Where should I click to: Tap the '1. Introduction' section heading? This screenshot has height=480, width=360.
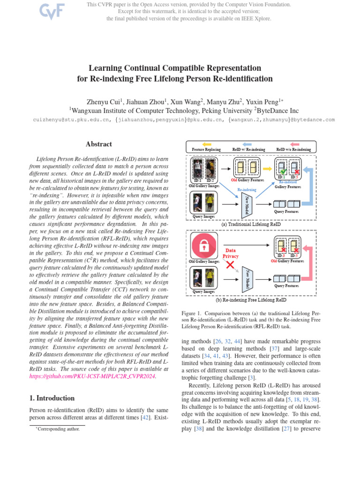52,398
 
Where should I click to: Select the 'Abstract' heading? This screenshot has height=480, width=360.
98,144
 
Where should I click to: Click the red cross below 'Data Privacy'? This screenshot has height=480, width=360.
230,265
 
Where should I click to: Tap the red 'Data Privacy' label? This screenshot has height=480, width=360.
231,253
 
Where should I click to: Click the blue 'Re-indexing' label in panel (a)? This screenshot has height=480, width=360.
247,190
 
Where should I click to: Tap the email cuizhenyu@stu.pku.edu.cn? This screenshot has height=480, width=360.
72,120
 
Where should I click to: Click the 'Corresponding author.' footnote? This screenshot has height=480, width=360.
59,428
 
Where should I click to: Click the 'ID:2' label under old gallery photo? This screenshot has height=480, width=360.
210,180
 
